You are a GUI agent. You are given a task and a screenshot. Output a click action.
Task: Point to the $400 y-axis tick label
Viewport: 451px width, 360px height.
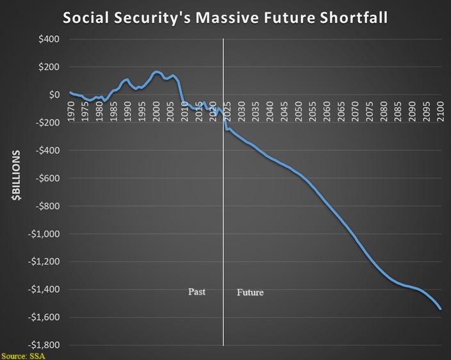48,39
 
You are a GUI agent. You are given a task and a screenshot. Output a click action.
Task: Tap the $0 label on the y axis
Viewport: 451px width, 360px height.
54,95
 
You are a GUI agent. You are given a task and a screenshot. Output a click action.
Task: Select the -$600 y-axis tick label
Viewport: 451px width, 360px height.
46,178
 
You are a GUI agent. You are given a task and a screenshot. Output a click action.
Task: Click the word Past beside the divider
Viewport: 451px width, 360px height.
197,292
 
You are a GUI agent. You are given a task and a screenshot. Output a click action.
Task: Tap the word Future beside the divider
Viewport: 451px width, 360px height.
250,292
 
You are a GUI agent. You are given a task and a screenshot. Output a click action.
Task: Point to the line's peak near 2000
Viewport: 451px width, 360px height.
156,71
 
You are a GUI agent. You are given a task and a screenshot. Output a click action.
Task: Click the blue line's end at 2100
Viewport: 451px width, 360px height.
441,309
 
